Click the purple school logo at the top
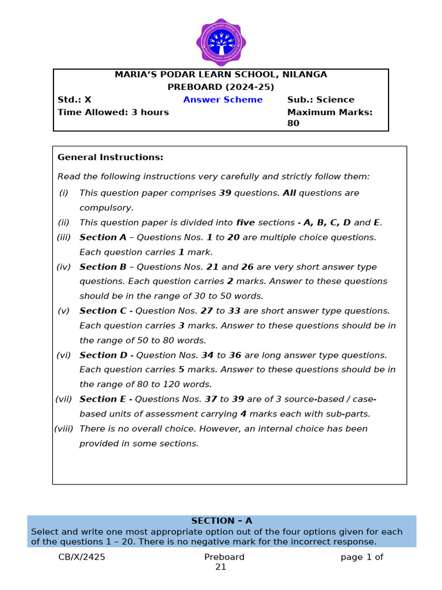[221, 42]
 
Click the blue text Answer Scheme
[223, 100]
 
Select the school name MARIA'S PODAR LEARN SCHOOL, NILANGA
[220, 74]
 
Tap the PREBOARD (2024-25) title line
[220, 87]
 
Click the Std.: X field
[74, 100]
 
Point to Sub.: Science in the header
[321, 100]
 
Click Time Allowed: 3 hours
[113, 112]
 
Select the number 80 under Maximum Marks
[294, 123]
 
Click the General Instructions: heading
[110, 157]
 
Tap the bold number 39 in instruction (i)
[225, 193]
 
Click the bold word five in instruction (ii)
[245, 222]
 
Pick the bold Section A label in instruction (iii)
[103, 237]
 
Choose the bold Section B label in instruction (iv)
[103, 267]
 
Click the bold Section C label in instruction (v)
[104, 311]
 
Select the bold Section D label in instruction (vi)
[104, 355]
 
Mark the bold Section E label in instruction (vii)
[104, 399]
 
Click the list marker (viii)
[66, 429]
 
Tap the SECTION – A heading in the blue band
[222, 521]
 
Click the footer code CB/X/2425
[82, 557]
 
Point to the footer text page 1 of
[361, 557]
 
